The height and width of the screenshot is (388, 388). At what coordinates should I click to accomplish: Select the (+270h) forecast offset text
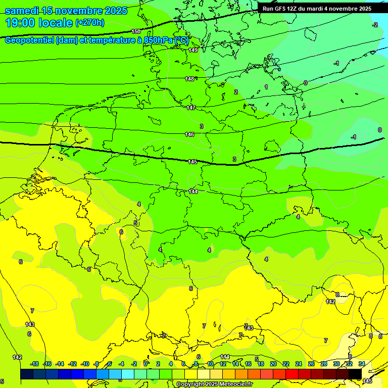tap(89, 23)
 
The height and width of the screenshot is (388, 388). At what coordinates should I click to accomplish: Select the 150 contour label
tap(135, 31)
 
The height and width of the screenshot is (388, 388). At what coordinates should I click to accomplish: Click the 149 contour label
tap(193, 50)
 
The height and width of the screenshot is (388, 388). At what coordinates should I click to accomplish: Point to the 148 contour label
tap(189, 79)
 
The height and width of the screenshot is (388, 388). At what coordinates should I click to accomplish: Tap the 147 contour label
tap(191, 108)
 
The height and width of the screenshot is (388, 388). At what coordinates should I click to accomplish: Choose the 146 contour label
tap(189, 134)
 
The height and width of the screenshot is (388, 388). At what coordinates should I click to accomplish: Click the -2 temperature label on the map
tap(375, 25)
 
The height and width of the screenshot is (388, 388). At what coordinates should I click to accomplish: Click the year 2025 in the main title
tap(116, 11)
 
